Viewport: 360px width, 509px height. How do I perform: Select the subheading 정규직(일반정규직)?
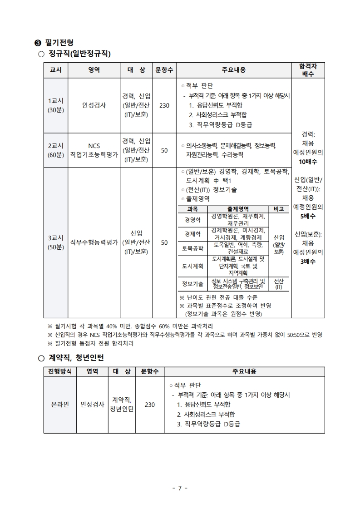pyautogui.click(x=80, y=54)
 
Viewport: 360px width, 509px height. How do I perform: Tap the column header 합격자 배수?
pyautogui.click(x=308, y=70)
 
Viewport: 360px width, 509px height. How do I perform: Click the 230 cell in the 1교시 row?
pyautogui.click(x=164, y=105)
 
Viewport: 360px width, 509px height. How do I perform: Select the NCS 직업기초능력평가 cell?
pyautogui.click(x=94, y=150)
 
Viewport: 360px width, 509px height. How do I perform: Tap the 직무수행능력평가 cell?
pyautogui.click(x=94, y=242)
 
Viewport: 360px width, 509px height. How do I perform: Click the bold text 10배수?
pyautogui.click(x=308, y=162)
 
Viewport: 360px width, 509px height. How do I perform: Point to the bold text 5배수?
pyautogui.click(x=308, y=216)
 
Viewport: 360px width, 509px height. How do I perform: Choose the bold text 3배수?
pyautogui.click(x=308, y=262)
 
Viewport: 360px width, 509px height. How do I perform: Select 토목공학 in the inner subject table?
pyautogui.click(x=192, y=248)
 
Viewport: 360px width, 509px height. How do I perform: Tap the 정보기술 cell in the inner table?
pyautogui.click(x=192, y=284)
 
